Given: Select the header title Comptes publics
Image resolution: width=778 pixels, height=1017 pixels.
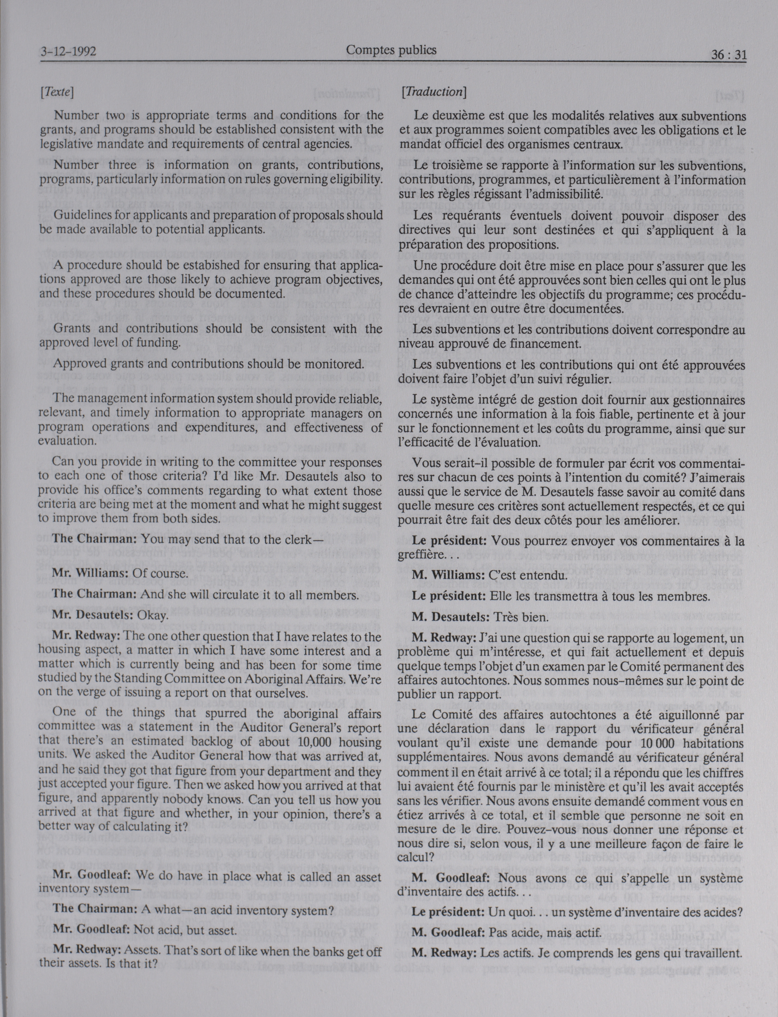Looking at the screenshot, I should [x=391, y=50].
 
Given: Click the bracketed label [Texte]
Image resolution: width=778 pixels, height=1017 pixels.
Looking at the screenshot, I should [x=57, y=92].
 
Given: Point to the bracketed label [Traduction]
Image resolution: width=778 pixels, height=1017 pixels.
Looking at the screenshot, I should [x=433, y=92].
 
